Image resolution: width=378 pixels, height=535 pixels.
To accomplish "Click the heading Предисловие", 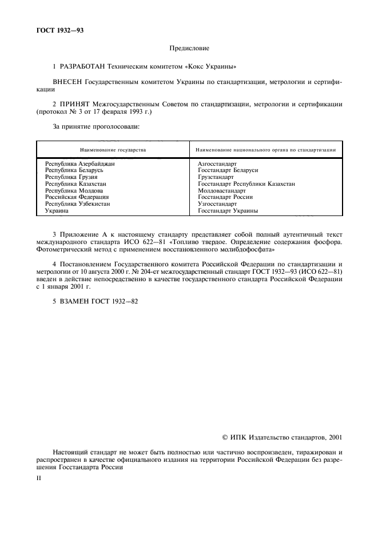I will coord(189,49).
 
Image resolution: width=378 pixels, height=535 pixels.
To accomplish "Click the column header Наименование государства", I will coord(113,150).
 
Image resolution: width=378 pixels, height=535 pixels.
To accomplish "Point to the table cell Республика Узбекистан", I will coord(78,203).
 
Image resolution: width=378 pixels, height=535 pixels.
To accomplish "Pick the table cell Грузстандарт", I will coord(216,177).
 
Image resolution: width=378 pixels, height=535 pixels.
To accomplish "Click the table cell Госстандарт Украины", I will coord(228,210).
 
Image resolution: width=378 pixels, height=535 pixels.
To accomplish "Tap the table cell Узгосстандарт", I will coord(217,203).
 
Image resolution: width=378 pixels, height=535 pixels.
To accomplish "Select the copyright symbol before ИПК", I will coord(225,438).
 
